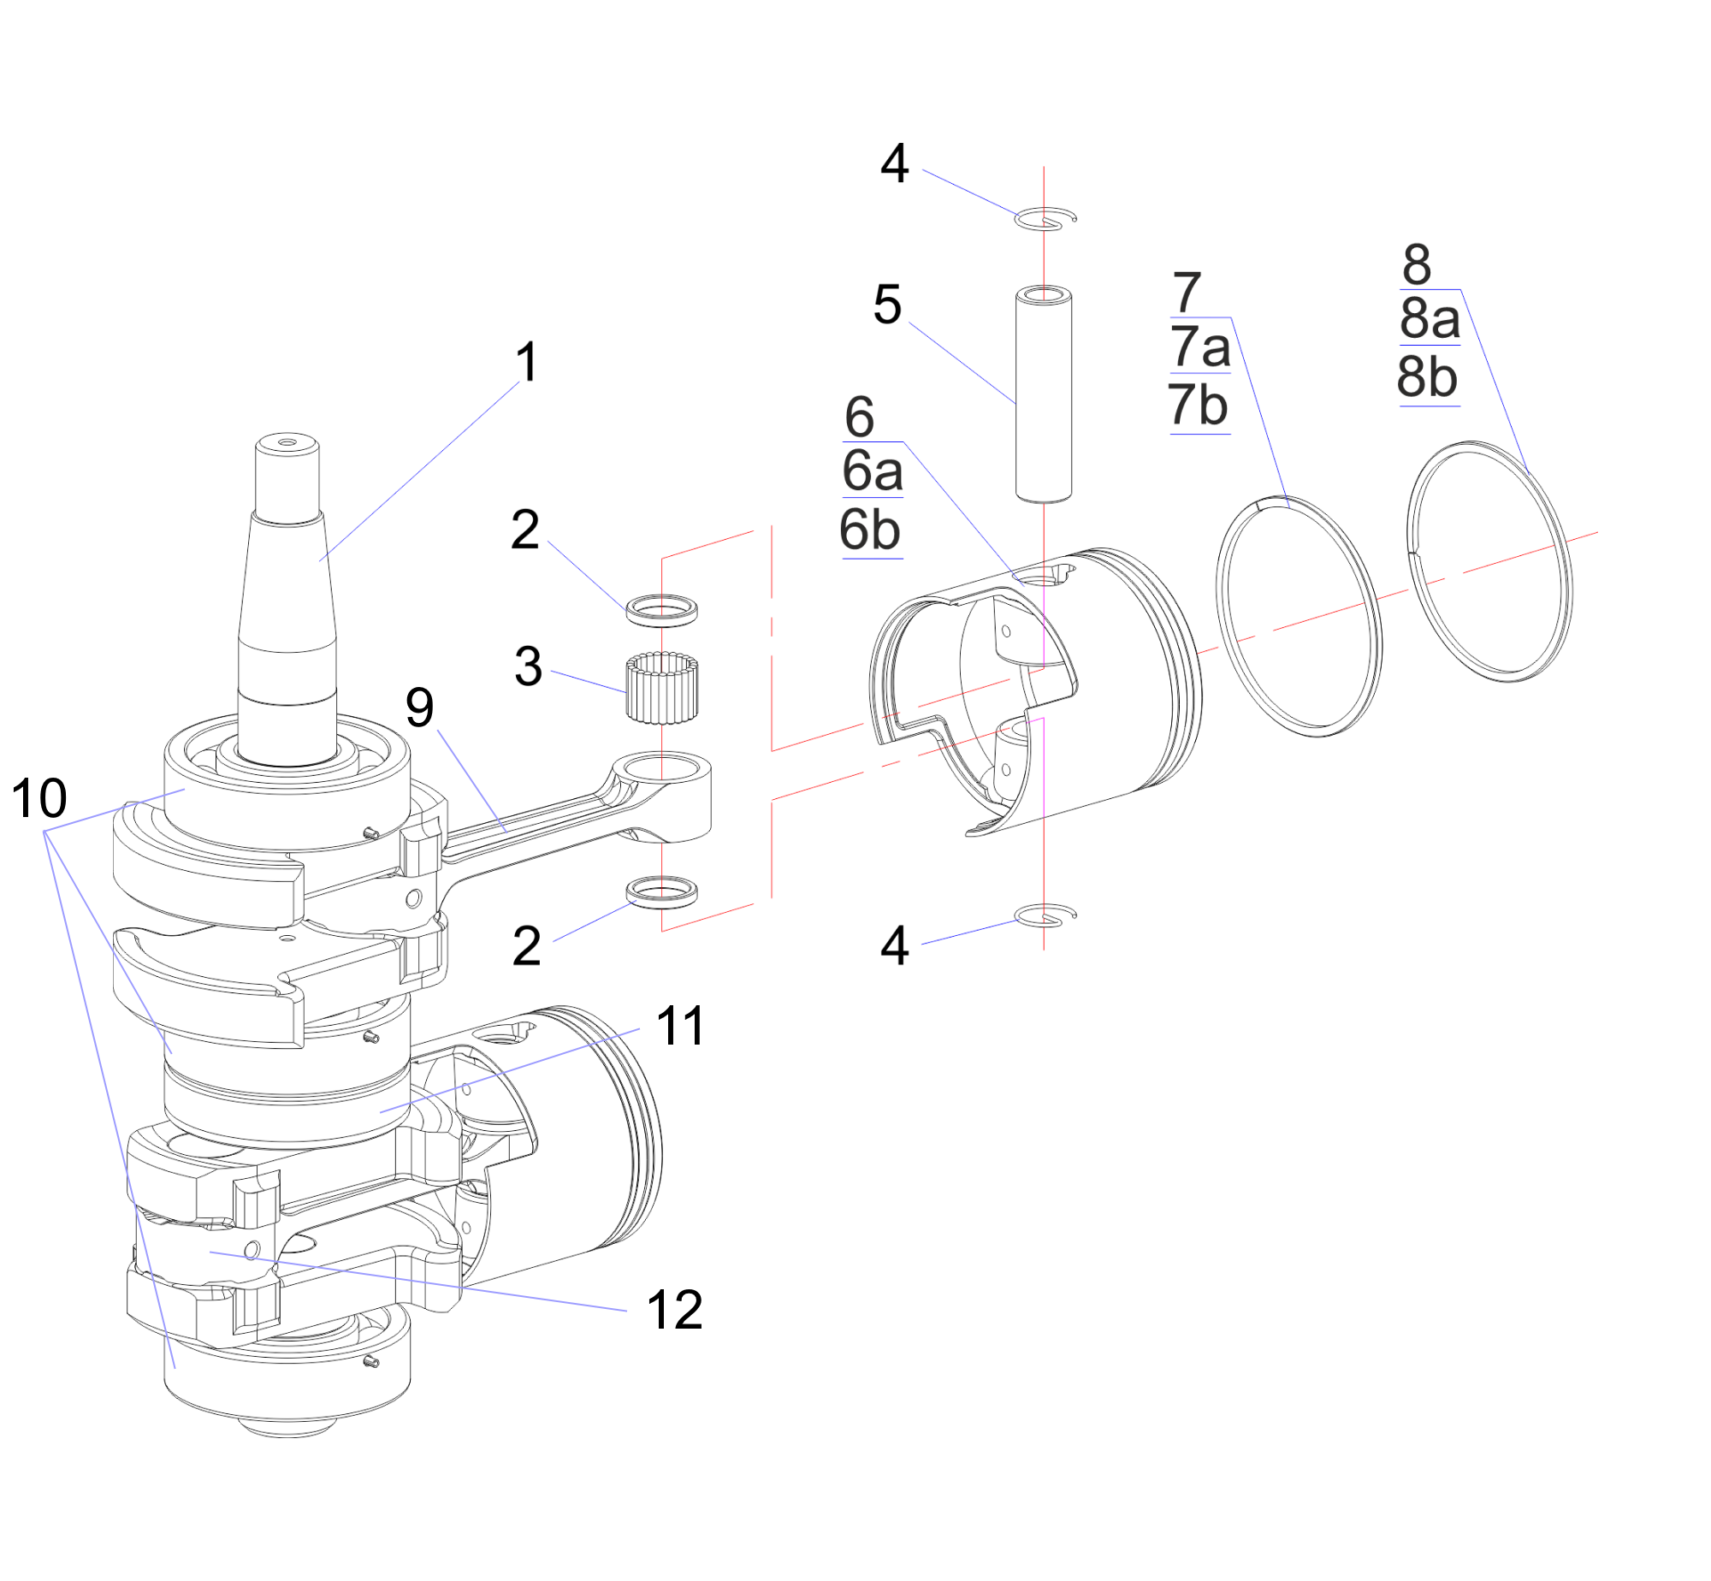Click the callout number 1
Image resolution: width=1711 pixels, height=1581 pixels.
pyautogui.click(x=527, y=362)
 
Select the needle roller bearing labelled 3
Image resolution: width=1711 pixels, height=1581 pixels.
pyautogui.click(x=661, y=687)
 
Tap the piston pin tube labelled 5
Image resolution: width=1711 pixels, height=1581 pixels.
pyautogui.click(x=1044, y=394)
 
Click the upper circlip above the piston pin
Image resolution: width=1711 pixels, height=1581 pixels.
pyautogui.click(x=1044, y=219)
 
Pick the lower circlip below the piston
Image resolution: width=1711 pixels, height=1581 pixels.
pyautogui.click(x=1044, y=915)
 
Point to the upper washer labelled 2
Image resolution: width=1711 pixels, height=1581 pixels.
pyautogui.click(x=661, y=610)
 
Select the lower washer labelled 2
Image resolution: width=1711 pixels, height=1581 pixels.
pyautogui.click(x=661, y=892)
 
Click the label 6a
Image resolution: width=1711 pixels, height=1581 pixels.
pyautogui.click(x=873, y=471)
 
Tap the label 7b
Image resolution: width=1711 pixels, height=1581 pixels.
pyautogui.click(x=1199, y=405)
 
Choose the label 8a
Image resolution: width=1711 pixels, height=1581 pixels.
pyautogui.click(x=1430, y=318)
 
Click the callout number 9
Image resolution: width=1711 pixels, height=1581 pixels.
pyautogui.click(x=419, y=708)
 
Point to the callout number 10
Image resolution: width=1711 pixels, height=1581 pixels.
pyautogui.click(x=39, y=798)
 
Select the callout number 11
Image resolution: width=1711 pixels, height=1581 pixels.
pyautogui.click(x=681, y=1026)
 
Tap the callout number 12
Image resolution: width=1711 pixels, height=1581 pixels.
pyautogui.click(x=675, y=1310)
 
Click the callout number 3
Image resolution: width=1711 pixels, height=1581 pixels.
pyautogui.click(x=528, y=666)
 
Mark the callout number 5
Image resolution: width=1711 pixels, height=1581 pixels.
pyautogui.click(x=887, y=305)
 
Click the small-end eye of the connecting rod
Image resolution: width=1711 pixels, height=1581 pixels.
pyautogui.click(x=661, y=768)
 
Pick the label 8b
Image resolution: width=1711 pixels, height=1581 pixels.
pyautogui.click(x=1427, y=377)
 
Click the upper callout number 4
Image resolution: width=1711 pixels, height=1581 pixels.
pyautogui.click(x=894, y=163)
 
